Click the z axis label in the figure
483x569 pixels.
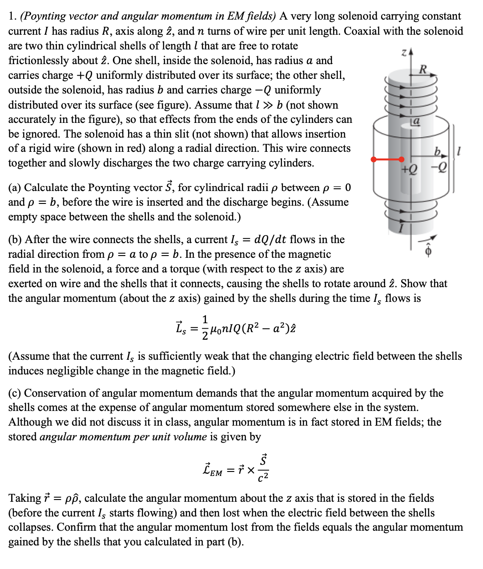(404, 53)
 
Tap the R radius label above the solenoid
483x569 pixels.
(423, 69)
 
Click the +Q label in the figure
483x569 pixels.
(409, 169)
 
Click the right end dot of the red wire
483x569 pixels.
(402, 159)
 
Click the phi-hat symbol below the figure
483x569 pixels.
(429, 251)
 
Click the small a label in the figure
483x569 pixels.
(416, 121)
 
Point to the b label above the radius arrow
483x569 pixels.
(438, 152)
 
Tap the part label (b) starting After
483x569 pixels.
(15, 240)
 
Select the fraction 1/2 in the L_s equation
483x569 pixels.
(205, 327)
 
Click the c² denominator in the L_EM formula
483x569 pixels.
(263, 478)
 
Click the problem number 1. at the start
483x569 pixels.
(12, 16)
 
